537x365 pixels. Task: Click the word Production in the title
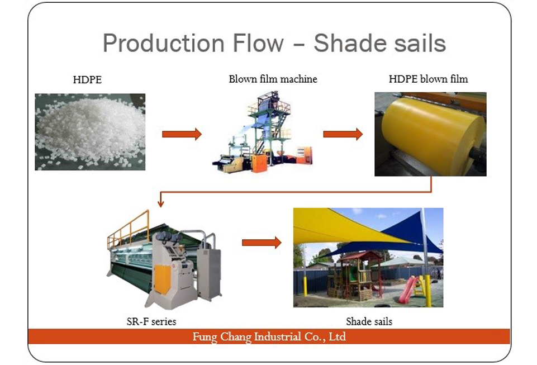tap(164, 43)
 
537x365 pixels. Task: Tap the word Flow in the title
tap(258, 43)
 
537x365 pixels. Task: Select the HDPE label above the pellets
tap(87, 80)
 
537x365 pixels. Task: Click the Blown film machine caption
tap(273, 79)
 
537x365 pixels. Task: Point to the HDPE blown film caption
tap(428, 79)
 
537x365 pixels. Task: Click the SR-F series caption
tap(151, 321)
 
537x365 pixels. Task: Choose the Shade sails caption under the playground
tap(369, 321)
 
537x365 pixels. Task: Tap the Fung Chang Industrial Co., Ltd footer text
tap(269, 336)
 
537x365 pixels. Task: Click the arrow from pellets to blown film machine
tap(182, 134)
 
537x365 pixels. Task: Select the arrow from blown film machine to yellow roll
tap(343, 134)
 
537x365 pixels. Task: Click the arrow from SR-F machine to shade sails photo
tap(262, 243)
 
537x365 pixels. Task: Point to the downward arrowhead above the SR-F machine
tap(160, 204)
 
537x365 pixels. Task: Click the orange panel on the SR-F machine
tap(163, 279)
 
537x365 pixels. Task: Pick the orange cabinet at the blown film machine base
tap(259, 163)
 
